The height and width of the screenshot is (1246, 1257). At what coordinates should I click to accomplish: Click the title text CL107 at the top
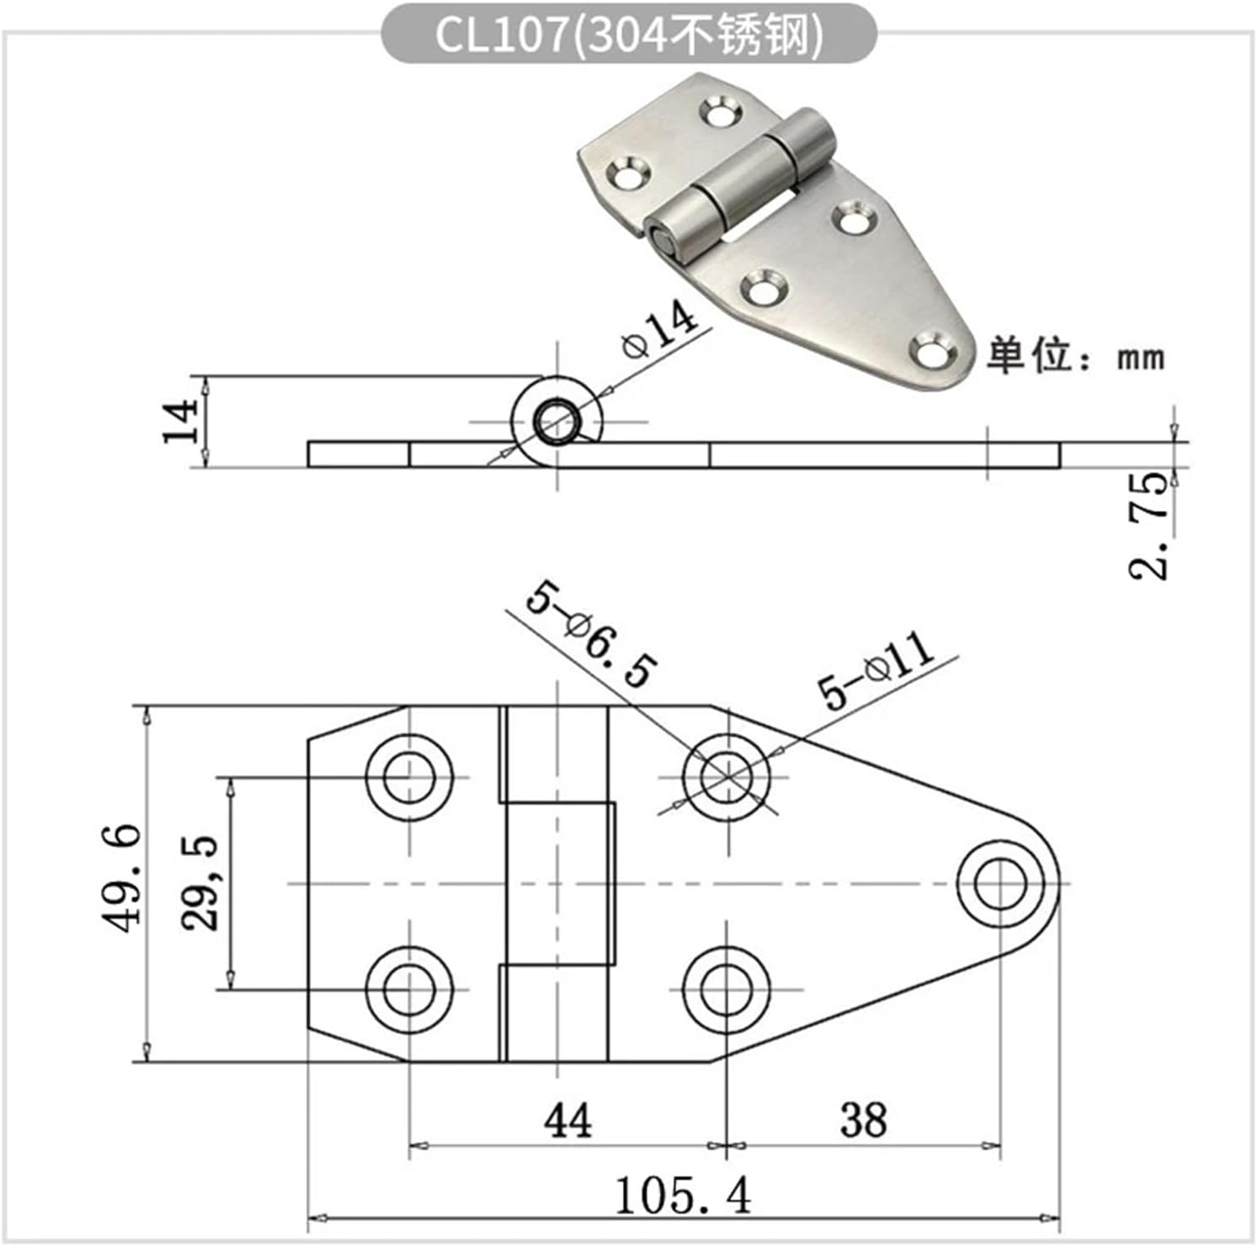click(x=502, y=35)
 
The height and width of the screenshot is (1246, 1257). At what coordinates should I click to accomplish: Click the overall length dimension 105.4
click(x=683, y=1195)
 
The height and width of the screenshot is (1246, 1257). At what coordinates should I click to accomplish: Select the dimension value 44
click(x=568, y=1121)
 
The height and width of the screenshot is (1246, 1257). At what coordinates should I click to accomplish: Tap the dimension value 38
click(x=863, y=1121)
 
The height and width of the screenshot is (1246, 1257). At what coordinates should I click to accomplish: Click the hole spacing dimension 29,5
click(x=200, y=882)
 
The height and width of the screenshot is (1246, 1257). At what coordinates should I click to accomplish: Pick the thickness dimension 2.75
click(x=1150, y=525)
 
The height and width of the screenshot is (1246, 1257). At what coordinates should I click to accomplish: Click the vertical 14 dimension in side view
click(x=180, y=422)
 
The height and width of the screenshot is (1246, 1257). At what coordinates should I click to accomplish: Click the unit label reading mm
click(x=1142, y=359)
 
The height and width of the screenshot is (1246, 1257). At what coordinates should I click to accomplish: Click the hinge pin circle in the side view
click(x=556, y=419)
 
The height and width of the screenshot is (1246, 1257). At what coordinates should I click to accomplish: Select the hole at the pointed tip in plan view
click(x=1000, y=882)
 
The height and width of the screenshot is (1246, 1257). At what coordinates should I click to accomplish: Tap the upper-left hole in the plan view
click(x=409, y=776)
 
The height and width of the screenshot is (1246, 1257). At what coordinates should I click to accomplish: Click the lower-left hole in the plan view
click(x=409, y=988)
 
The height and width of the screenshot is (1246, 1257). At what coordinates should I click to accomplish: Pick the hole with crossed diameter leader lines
click(x=726, y=776)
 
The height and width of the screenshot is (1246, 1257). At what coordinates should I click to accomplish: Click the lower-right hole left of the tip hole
click(x=726, y=988)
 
